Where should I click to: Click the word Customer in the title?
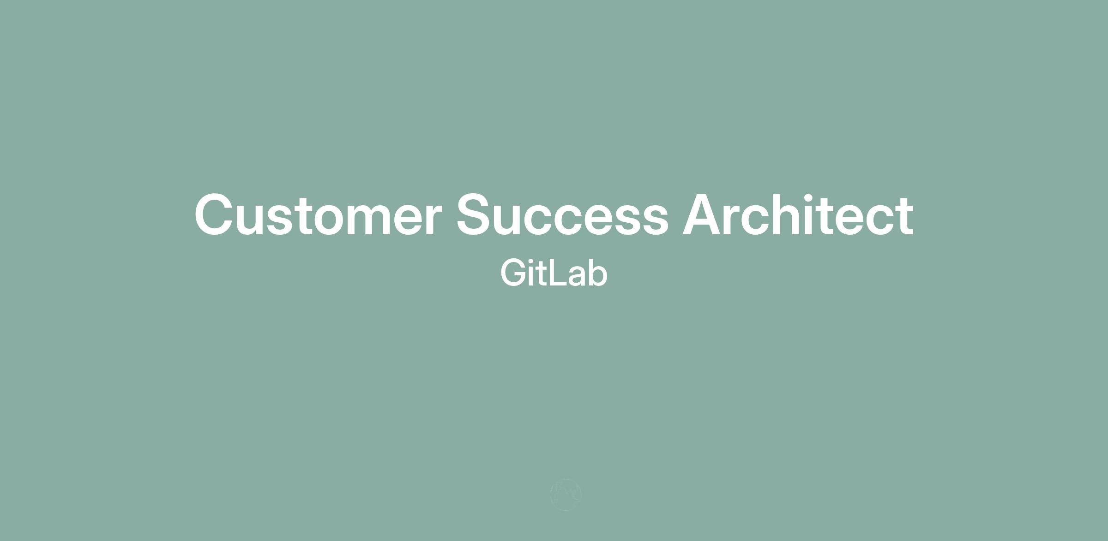[318, 214]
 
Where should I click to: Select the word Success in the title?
[562, 214]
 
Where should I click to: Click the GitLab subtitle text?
[554, 273]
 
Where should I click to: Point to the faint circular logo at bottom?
[566, 495]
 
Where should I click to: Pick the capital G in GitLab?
[514, 273]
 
